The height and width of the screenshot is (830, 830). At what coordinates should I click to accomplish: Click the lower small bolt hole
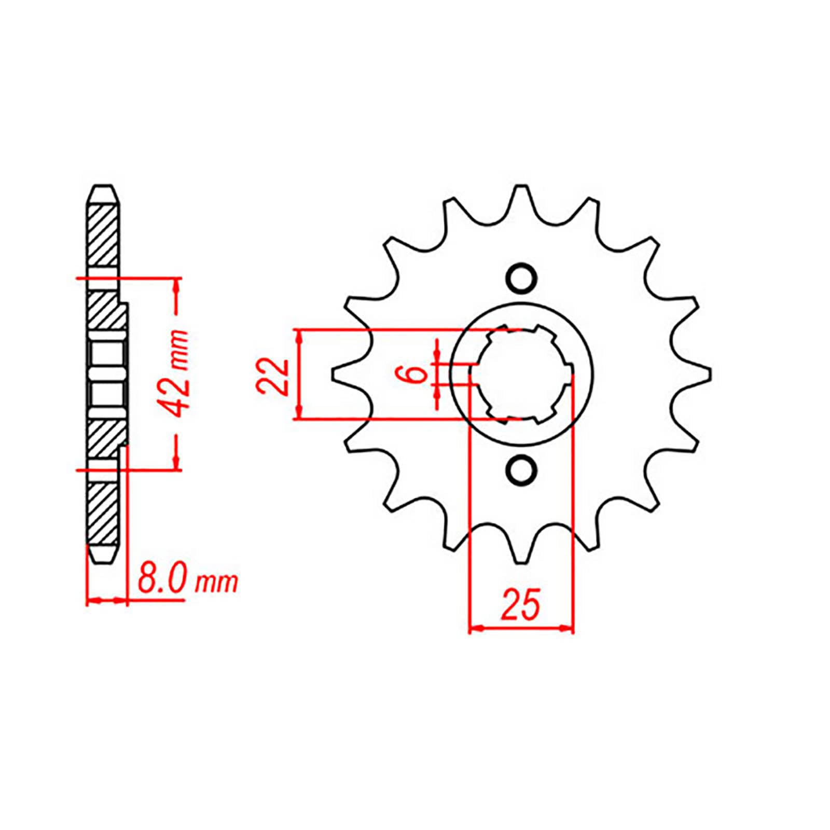(520, 471)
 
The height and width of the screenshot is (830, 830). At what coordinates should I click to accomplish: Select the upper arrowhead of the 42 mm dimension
(177, 285)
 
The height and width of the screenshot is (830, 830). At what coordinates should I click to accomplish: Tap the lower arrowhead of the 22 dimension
(299, 412)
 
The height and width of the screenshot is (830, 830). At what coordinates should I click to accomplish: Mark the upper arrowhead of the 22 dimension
(299, 336)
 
